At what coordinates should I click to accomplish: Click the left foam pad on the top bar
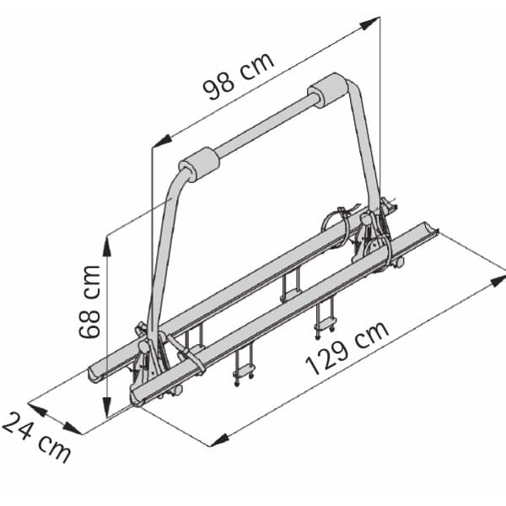pyautogui.click(x=199, y=164)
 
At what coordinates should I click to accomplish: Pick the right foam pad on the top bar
pyautogui.click(x=329, y=90)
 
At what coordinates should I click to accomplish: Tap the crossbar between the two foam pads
pyautogui.click(x=264, y=127)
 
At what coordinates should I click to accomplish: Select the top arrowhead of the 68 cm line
pyautogui.click(x=107, y=242)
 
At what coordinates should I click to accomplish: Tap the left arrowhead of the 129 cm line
pyautogui.click(x=218, y=439)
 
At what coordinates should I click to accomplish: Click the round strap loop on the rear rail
pyautogui.click(x=336, y=227)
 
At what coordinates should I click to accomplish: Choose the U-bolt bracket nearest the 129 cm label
pyautogui.click(x=326, y=316)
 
